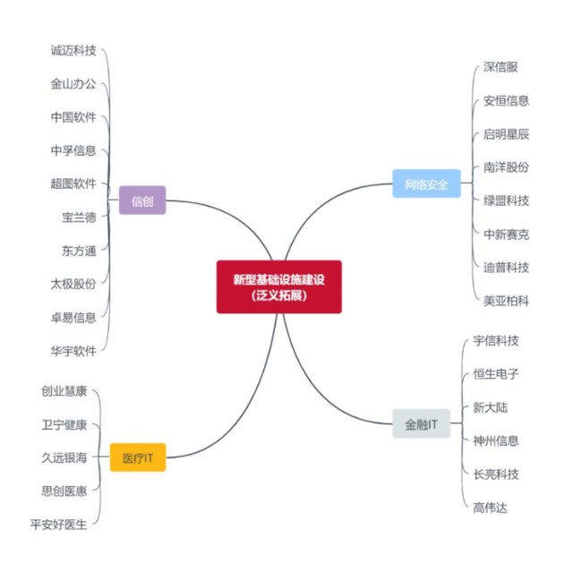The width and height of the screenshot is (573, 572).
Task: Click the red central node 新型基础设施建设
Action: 278,286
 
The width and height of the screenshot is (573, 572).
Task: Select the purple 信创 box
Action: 142,201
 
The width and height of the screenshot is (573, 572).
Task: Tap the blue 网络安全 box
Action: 426,184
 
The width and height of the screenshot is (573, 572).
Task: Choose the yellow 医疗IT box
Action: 138,457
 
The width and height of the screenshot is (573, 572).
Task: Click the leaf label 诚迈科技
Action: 73,51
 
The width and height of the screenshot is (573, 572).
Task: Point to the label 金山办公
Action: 73,84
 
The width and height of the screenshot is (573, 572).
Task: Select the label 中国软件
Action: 73,117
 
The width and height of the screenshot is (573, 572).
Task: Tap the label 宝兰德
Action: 79,217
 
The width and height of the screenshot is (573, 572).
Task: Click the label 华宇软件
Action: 73,350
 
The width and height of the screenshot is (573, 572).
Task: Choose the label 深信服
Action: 500,67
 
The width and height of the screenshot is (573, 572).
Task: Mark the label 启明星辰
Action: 506,134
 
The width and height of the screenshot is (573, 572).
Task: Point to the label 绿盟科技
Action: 506,201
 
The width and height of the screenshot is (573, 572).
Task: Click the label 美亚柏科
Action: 506,301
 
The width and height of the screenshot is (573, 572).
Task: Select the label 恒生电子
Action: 496,374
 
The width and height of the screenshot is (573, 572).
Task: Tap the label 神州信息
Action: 496,440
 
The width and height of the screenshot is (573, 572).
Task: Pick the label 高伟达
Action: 491,508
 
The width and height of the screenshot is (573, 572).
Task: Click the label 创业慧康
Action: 64,391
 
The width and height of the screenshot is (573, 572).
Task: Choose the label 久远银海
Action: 64,457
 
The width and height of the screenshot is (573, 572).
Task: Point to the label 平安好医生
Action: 59,525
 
